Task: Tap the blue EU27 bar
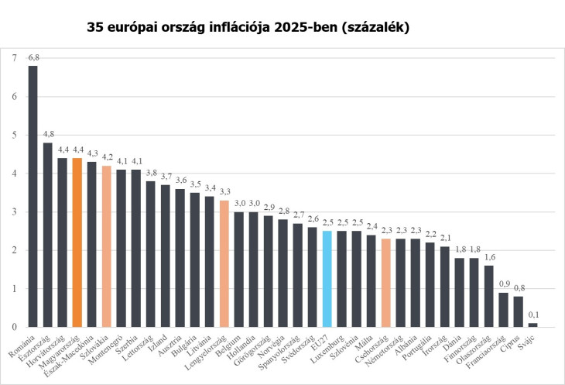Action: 327,279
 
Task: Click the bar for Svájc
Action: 532,325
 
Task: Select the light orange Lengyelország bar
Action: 224,263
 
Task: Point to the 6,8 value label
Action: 33,58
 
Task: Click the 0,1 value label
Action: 532,315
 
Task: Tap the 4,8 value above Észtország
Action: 48,135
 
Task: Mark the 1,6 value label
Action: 488,258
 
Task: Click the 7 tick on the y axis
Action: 13,58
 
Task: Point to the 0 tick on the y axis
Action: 13,327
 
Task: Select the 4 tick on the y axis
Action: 13,174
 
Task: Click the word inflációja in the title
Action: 264,27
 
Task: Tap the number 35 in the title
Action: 98,27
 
